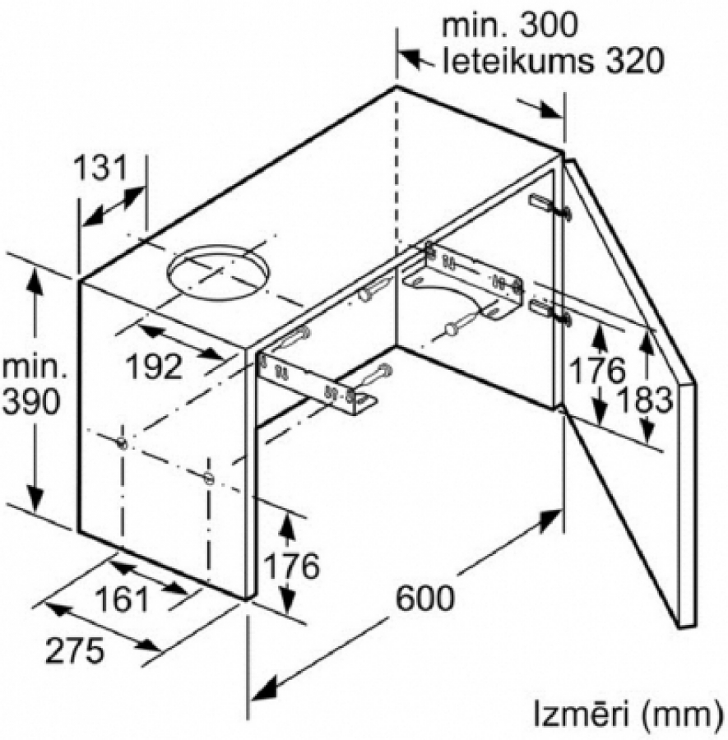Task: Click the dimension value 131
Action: click(x=100, y=168)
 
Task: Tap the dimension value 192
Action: click(x=155, y=366)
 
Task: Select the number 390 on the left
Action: click(x=31, y=402)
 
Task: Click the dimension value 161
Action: click(x=122, y=599)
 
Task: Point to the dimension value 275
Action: click(x=74, y=650)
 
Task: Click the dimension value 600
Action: click(x=425, y=598)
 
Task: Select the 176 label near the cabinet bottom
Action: click(x=291, y=566)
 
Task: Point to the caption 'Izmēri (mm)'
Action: click(x=628, y=715)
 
